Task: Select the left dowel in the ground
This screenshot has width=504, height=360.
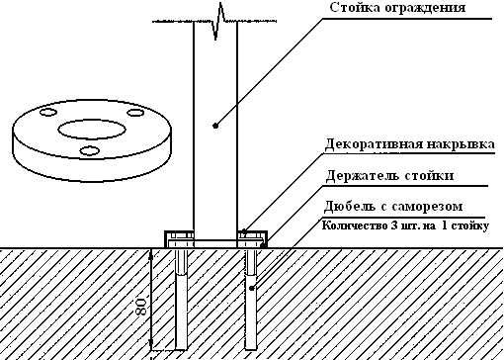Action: tap(182, 302)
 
